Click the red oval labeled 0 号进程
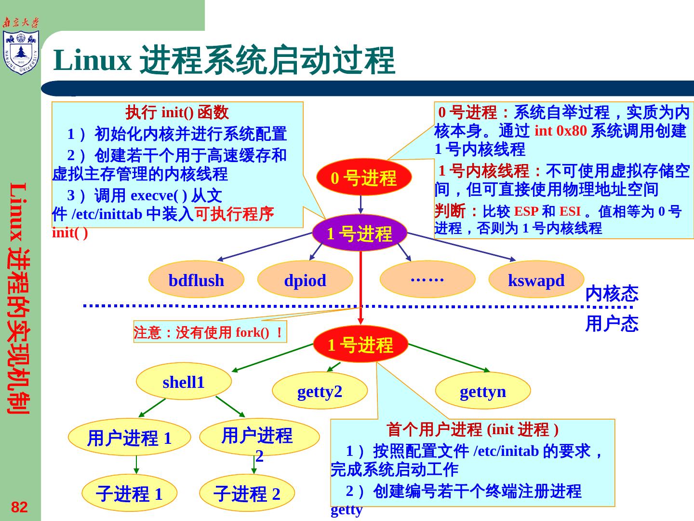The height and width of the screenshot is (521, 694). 364,177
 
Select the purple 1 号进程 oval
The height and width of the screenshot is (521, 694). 360,233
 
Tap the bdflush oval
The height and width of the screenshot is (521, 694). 196,280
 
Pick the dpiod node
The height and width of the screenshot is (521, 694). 305,280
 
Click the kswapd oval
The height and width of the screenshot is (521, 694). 536,280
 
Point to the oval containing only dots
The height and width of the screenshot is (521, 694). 427,279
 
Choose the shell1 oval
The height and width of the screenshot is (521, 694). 184,382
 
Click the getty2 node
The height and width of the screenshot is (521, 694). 320,391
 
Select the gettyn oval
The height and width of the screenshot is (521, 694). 483,391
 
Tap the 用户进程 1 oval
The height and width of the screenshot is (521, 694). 129,438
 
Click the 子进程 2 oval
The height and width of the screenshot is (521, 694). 247,494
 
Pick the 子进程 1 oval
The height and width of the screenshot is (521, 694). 129,494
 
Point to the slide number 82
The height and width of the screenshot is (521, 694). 19,507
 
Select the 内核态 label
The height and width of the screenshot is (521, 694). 611,293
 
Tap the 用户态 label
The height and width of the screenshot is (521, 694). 611,324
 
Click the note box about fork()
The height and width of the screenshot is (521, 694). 210,332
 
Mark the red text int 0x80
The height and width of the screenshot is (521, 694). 561,131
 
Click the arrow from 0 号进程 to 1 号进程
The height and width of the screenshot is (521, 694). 360,205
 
